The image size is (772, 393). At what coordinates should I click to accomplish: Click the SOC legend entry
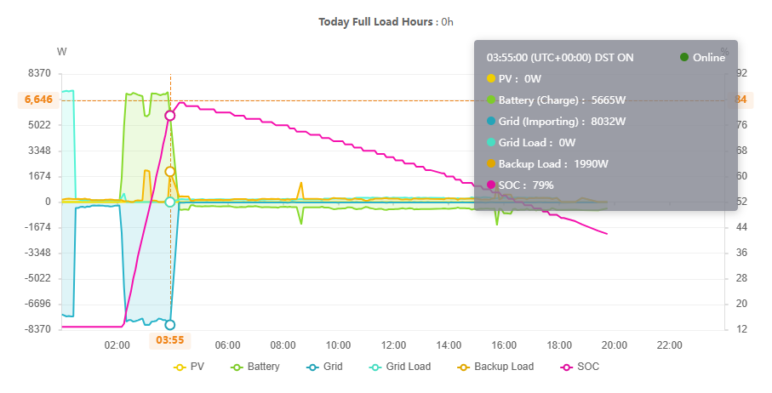tap(582, 367)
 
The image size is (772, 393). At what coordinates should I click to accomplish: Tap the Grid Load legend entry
tap(401, 367)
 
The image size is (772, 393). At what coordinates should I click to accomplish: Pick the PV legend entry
tap(190, 367)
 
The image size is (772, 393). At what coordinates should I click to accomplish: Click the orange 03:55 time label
tap(170, 340)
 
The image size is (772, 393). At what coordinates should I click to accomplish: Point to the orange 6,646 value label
tap(38, 100)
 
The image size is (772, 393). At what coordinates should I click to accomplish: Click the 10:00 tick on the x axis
tap(339, 345)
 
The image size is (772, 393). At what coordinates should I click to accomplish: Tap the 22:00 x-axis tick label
tap(670, 345)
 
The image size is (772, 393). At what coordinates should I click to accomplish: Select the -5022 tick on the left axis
tap(37, 278)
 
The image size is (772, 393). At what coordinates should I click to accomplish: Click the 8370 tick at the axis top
tap(39, 74)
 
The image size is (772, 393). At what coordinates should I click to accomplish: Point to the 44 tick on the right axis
tap(741, 227)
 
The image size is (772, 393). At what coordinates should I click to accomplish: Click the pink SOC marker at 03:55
tap(170, 115)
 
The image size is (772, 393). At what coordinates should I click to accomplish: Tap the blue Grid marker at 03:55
tap(170, 324)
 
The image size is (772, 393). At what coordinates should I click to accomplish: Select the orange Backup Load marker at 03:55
tap(170, 172)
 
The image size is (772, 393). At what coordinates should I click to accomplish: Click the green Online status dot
tap(684, 57)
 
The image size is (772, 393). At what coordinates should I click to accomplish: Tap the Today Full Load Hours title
tap(386, 21)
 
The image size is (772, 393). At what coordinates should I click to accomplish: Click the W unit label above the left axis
tap(61, 52)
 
